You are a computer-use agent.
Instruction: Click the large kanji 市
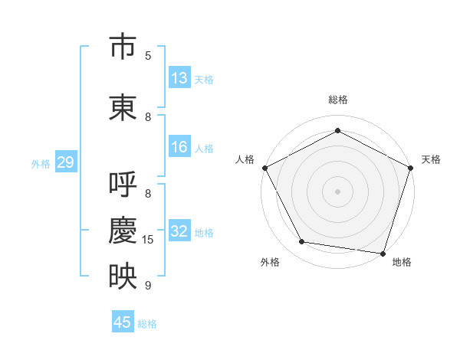tap(123, 45)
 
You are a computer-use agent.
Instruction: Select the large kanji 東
tap(123, 107)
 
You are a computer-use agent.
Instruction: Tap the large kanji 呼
tap(123, 184)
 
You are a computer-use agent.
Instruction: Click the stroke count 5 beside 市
tap(148, 56)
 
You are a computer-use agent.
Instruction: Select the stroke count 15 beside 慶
tap(147, 240)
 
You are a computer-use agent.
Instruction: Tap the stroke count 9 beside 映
tap(148, 285)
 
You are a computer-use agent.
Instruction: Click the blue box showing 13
tap(179, 77)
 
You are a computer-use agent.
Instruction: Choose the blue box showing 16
tap(179, 146)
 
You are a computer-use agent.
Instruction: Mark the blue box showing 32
tap(179, 230)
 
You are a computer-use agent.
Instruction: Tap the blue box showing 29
tap(66, 162)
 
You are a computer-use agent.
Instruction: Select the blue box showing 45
tap(123, 321)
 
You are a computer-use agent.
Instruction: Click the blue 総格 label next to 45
tap(147, 324)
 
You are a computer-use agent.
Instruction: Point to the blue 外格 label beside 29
tap(41, 164)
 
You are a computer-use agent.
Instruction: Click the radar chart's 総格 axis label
tap(338, 100)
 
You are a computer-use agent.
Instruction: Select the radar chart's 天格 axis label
tap(431, 159)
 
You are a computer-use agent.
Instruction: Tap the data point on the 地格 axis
tap(383, 254)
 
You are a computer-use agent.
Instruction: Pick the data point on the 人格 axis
tap(265, 168)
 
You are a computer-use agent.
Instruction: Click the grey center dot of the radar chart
tap(337, 191)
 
